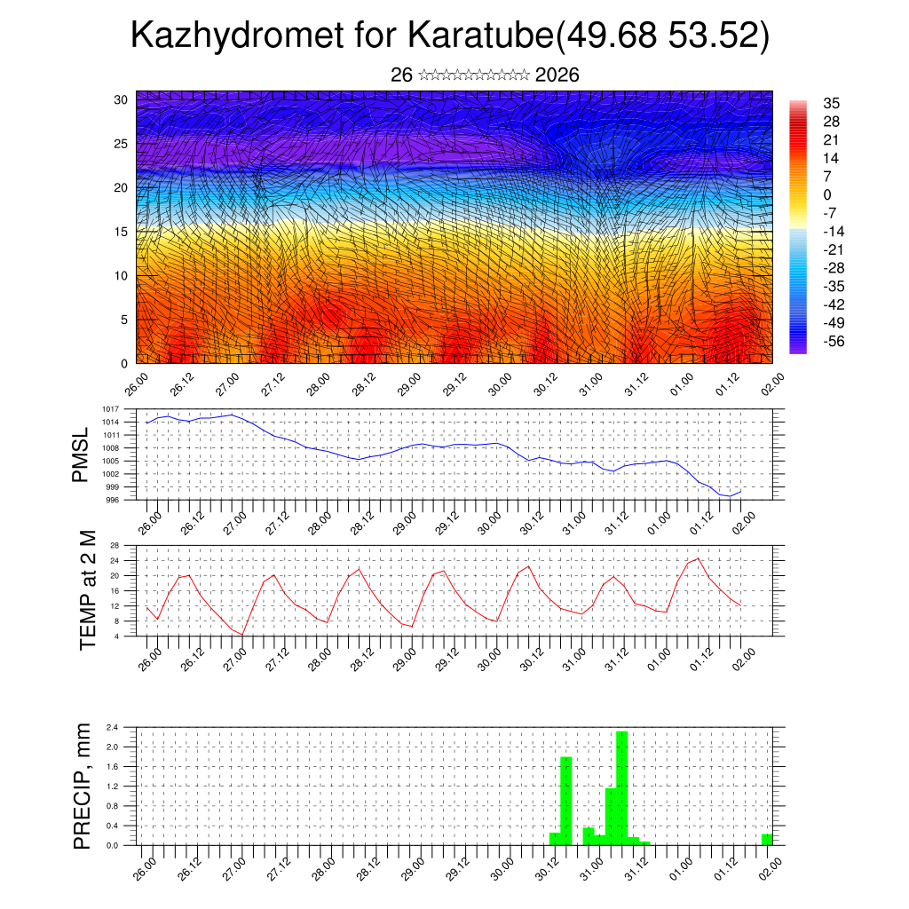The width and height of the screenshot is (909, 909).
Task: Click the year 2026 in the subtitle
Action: point(557,75)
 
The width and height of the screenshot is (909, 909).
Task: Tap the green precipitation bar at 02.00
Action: point(767,840)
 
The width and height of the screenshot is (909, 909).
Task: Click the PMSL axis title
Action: point(81,454)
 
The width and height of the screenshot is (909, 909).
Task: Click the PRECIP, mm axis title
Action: point(83,786)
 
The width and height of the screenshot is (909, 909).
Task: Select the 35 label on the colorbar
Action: point(832,104)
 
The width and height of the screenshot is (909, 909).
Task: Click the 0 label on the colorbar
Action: point(827,194)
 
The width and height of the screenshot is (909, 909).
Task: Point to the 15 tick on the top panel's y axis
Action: point(121,232)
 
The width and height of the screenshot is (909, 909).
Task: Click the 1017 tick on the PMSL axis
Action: point(111,409)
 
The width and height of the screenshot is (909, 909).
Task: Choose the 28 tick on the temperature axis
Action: point(115,545)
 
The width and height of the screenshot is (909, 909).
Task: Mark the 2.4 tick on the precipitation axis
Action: point(113,727)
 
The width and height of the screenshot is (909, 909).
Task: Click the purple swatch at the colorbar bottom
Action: point(798,349)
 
